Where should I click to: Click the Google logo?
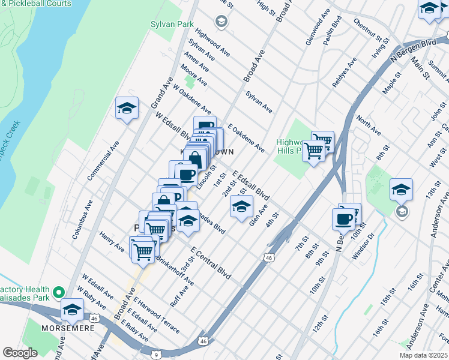pos(20,353)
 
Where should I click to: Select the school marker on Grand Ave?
pos(127,108)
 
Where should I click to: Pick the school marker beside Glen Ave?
pos(241,208)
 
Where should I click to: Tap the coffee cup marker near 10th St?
pos(343,219)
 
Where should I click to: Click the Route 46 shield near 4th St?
pos(268,257)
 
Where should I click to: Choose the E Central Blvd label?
pos(211,262)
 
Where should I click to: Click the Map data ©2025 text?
pos(423,355)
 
